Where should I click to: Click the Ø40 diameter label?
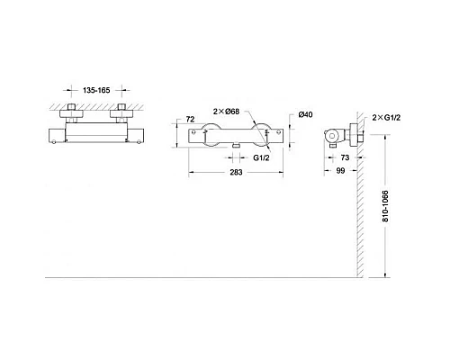[x=305, y=113]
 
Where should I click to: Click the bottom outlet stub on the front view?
[x=233, y=146]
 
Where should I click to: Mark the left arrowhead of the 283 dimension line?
[x=192, y=173]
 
